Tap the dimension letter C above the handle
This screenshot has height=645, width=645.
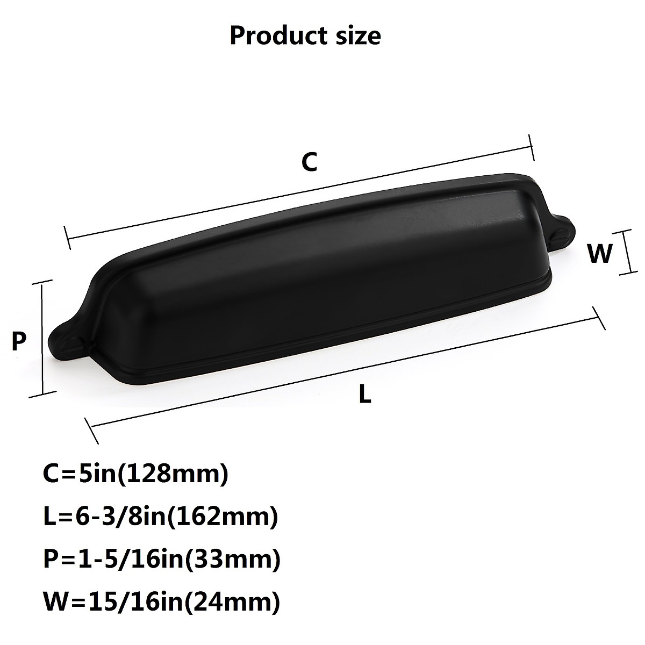[309, 162]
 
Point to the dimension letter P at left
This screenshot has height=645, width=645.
[19, 341]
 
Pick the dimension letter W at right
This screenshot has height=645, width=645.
[600, 254]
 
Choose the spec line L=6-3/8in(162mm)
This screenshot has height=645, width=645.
[160, 518]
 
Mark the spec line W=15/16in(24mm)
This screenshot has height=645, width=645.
[161, 603]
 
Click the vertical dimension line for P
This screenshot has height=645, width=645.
[42, 339]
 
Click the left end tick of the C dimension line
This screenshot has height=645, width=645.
[67, 238]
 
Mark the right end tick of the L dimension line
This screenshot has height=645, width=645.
[598, 318]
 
